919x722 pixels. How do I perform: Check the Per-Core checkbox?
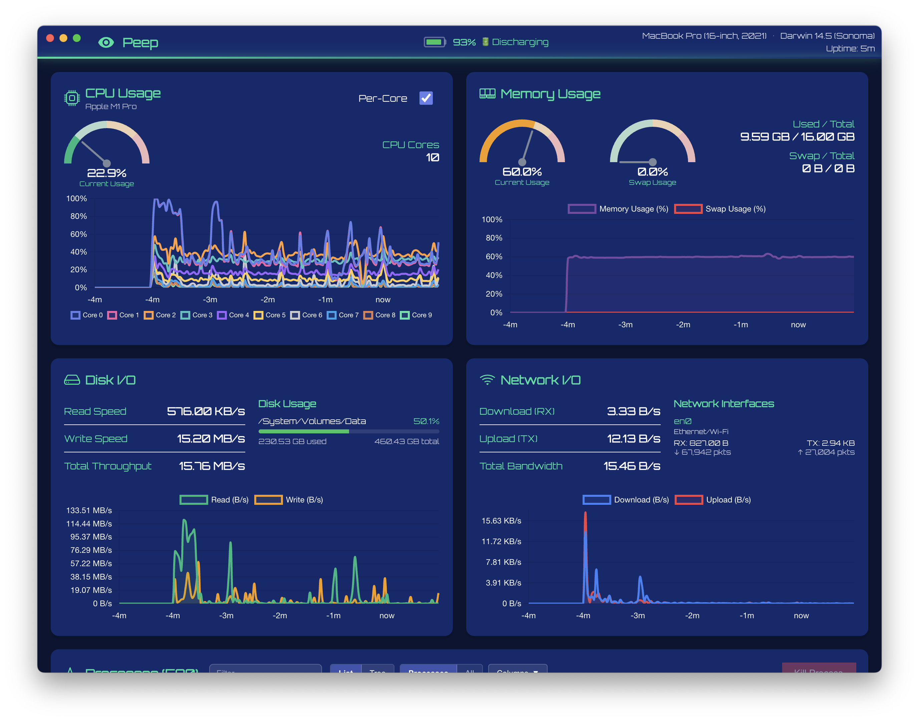point(426,98)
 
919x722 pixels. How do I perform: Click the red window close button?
point(50,38)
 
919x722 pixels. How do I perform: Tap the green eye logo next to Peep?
point(106,42)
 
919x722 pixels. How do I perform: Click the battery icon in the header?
point(434,42)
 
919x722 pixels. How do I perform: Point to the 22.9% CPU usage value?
point(106,173)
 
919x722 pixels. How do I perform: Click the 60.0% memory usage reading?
point(522,171)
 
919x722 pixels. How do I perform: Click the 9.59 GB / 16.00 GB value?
point(797,136)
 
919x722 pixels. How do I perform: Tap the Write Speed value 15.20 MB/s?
point(211,438)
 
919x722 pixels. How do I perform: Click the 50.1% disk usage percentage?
point(426,421)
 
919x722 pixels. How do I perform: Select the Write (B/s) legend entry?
point(289,500)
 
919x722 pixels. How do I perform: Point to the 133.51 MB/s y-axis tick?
point(89,510)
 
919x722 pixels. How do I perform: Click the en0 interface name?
point(682,421)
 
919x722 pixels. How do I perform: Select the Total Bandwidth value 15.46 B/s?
point(632,466)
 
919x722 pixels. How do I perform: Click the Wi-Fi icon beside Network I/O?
point(487,380)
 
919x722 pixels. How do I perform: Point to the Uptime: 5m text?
point(850,49)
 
